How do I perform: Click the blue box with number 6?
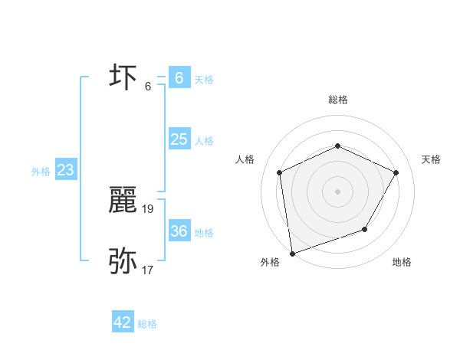(x=179, y=78)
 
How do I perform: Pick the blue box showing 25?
(x=179, y=139)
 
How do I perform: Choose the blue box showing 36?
(x=179, y=231)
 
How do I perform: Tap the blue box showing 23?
(x=65, y=170)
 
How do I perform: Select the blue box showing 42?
(x=123, y=322)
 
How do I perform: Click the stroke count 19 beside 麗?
(x=148, y=208)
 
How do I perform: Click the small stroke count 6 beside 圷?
(x=148, y=85)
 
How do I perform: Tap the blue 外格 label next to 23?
(x=41, y=172)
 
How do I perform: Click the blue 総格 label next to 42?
(x=147, y=324)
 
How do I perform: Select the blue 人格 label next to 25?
(x=204, y=141)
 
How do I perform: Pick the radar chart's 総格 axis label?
(x=337, y=100)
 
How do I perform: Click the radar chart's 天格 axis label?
(x=432, y=159)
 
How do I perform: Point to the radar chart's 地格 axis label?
(x=402, y=262)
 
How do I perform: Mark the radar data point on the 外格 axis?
(x=292, y=253)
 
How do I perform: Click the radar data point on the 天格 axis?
(x=396, y=172)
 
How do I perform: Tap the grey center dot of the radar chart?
(x=337, y=191)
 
